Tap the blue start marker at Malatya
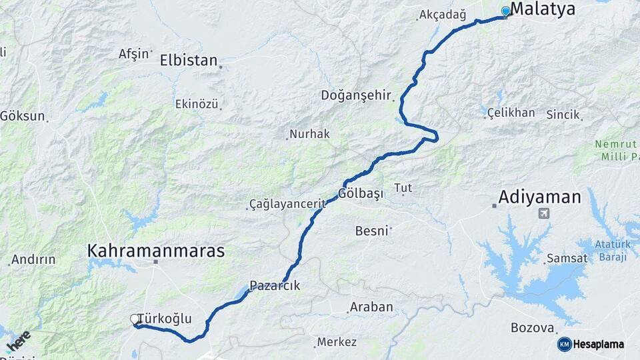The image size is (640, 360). (x=505, y=11)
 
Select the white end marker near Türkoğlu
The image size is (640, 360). (x=134, y=320)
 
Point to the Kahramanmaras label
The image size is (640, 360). (x=155, y=251)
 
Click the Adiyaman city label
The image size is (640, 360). (x=540, y=197)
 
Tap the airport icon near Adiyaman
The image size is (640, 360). (x=545, y=214)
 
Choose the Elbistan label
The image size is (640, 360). (x=189, y=60)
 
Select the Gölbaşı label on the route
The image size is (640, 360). (x=361, y=194)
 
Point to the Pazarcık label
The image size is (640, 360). (x=275, y=285)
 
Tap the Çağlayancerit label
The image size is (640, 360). (x=287, y=203)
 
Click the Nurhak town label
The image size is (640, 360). (x=310, y=134)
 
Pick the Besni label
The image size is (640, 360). (x=371, y=231)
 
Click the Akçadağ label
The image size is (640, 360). (x=442, y=14)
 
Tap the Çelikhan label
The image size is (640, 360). (x=511, y=112)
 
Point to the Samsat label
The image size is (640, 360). (x=567, y=258)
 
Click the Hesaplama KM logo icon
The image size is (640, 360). (x=565, y=344)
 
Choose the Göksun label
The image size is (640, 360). (x=23, y=115)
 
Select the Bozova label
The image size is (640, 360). (x=532, y=328)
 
